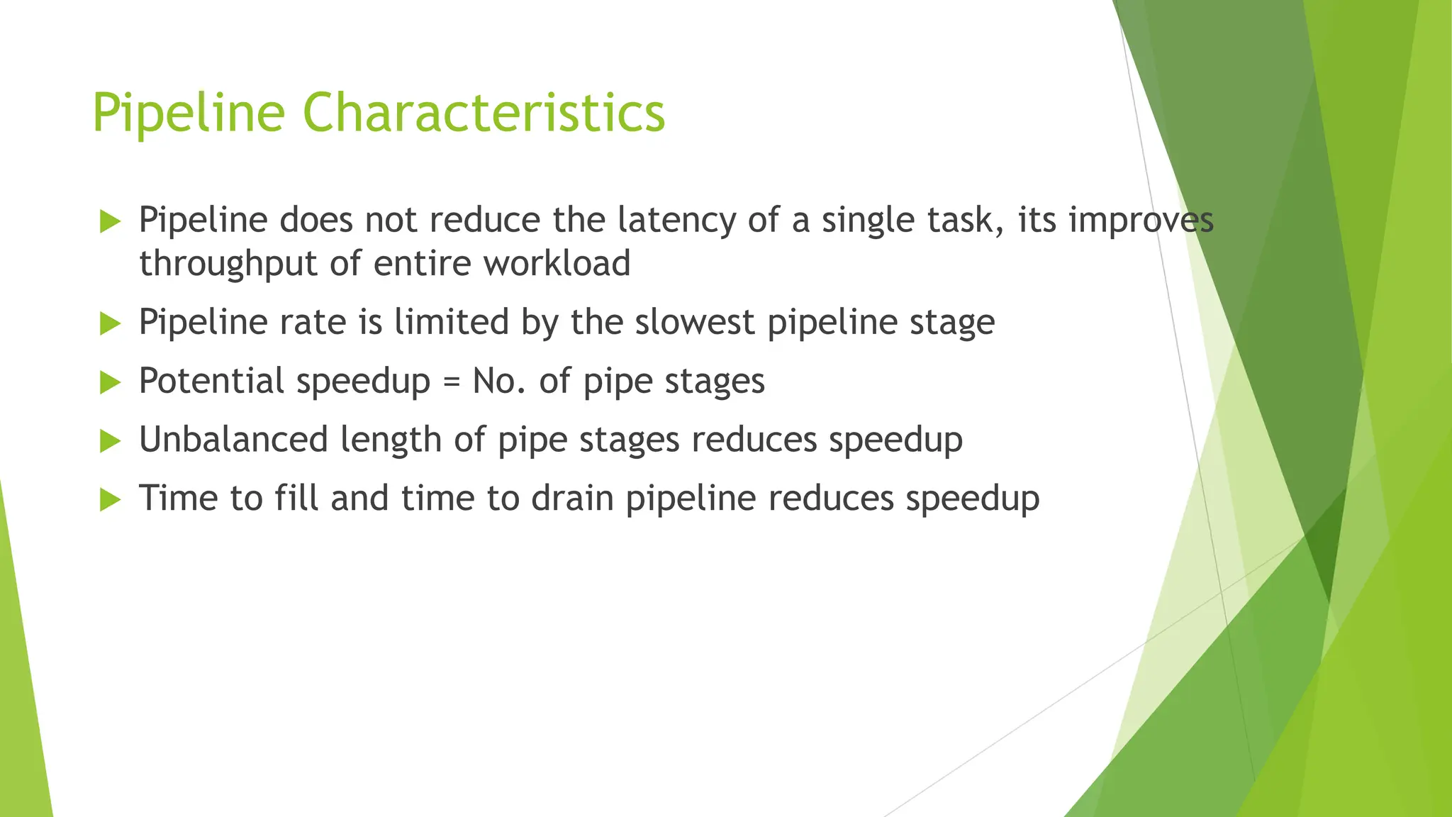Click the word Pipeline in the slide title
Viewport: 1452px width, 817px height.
188,113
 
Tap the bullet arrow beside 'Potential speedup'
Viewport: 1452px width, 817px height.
111,383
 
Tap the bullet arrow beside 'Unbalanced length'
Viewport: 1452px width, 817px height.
111,441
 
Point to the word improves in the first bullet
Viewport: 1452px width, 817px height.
1141,221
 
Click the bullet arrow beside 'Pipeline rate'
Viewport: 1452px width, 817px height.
111,324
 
